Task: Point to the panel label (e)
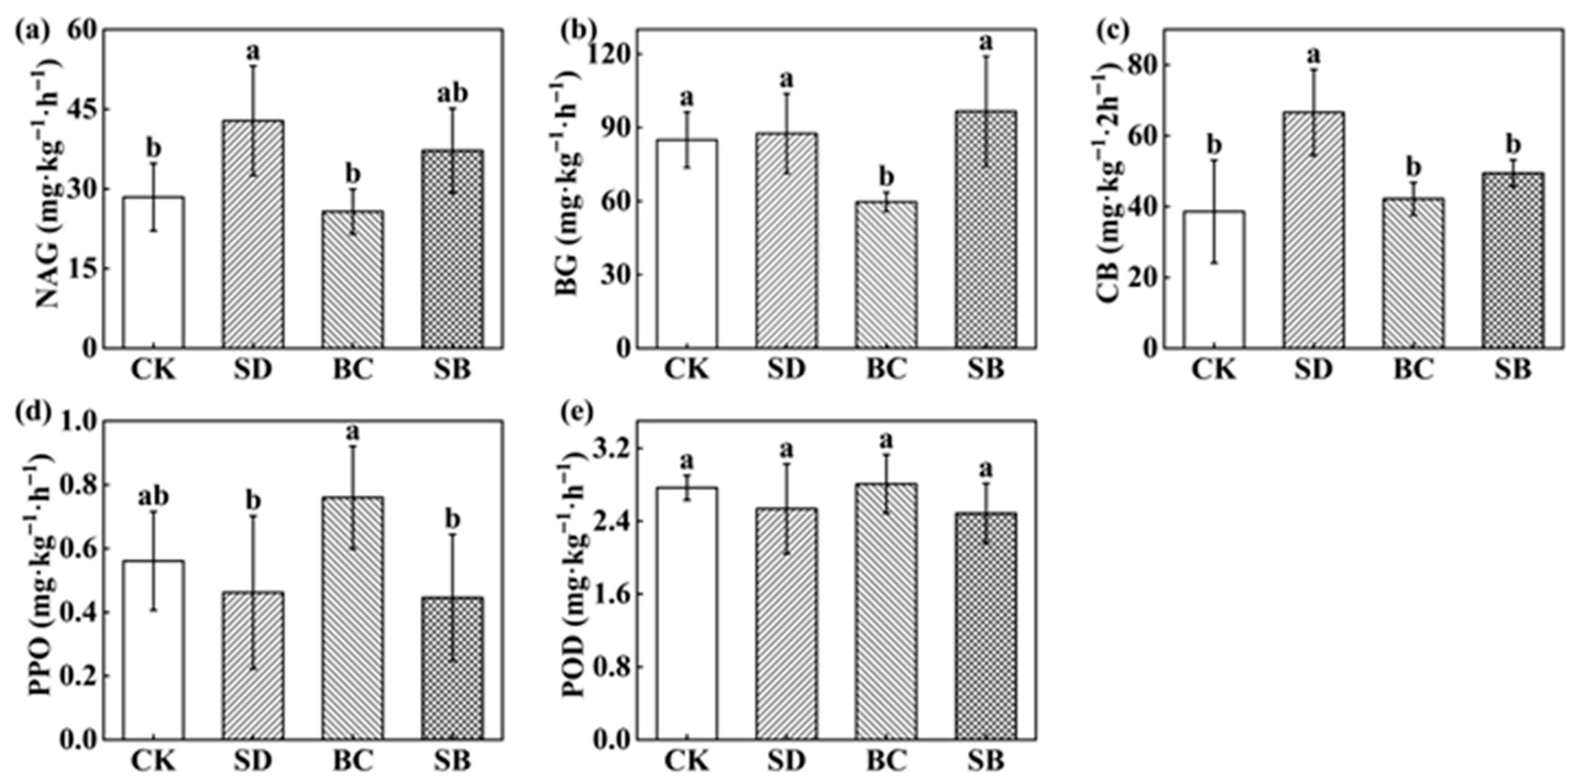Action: pos(577,412)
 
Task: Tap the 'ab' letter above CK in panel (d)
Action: pos(153,497)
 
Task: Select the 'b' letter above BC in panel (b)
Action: pos(886,178)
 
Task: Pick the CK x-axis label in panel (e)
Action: pos(686,762)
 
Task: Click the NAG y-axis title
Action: pos(48,184)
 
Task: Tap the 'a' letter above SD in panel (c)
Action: pos(1313,55)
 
